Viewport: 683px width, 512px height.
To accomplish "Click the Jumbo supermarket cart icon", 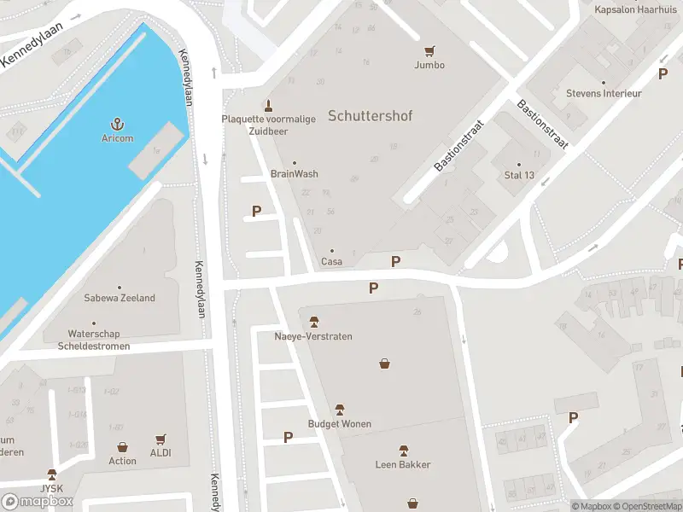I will [429, 51].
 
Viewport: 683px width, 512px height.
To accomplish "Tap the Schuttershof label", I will [370, 115].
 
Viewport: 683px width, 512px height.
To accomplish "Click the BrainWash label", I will [295, 174].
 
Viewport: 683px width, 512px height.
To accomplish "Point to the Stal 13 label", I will [518, 176].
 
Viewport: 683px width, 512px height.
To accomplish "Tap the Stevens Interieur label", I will [604, 93].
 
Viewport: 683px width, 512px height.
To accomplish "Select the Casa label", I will [331, 261].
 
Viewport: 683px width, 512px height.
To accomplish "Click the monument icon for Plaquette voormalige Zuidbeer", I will [269, 106].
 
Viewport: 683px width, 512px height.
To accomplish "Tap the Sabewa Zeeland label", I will [120, 298].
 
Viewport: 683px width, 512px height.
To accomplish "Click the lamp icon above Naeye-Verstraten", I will [313, 322].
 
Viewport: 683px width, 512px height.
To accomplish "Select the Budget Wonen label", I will [339, 424].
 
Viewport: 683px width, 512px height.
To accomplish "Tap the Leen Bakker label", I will [403, 464].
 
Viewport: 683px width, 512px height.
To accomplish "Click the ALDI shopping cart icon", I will [160, 439].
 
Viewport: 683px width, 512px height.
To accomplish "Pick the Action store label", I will [122, 461].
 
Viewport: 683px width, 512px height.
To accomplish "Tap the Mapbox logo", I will [38, 502].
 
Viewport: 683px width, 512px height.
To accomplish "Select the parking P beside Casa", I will [395, 261].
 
